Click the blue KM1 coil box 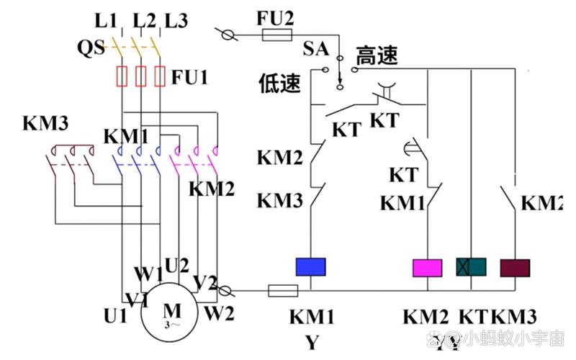[312, 267]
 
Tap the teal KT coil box [471, 267]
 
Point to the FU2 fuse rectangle [276, 35]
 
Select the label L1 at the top [105, 20]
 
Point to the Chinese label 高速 [377, 56]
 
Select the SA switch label [316, 49]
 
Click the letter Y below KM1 [311, 342]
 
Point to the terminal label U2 [177, 265]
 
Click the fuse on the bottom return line [283, 291]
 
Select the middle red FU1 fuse [141, 76]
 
